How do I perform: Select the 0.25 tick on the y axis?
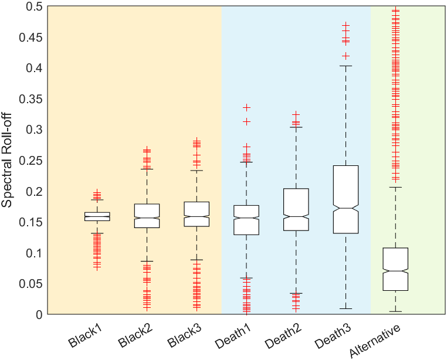tap(31, 161)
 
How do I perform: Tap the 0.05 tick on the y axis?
tap(31, 284)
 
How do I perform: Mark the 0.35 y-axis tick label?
tap(31, 99)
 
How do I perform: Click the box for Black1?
tap(97, 216)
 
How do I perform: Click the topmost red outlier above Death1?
tap(247, 107)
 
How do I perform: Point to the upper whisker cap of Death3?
tap(346, 66)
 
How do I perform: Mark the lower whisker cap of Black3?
tap(197, 260)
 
